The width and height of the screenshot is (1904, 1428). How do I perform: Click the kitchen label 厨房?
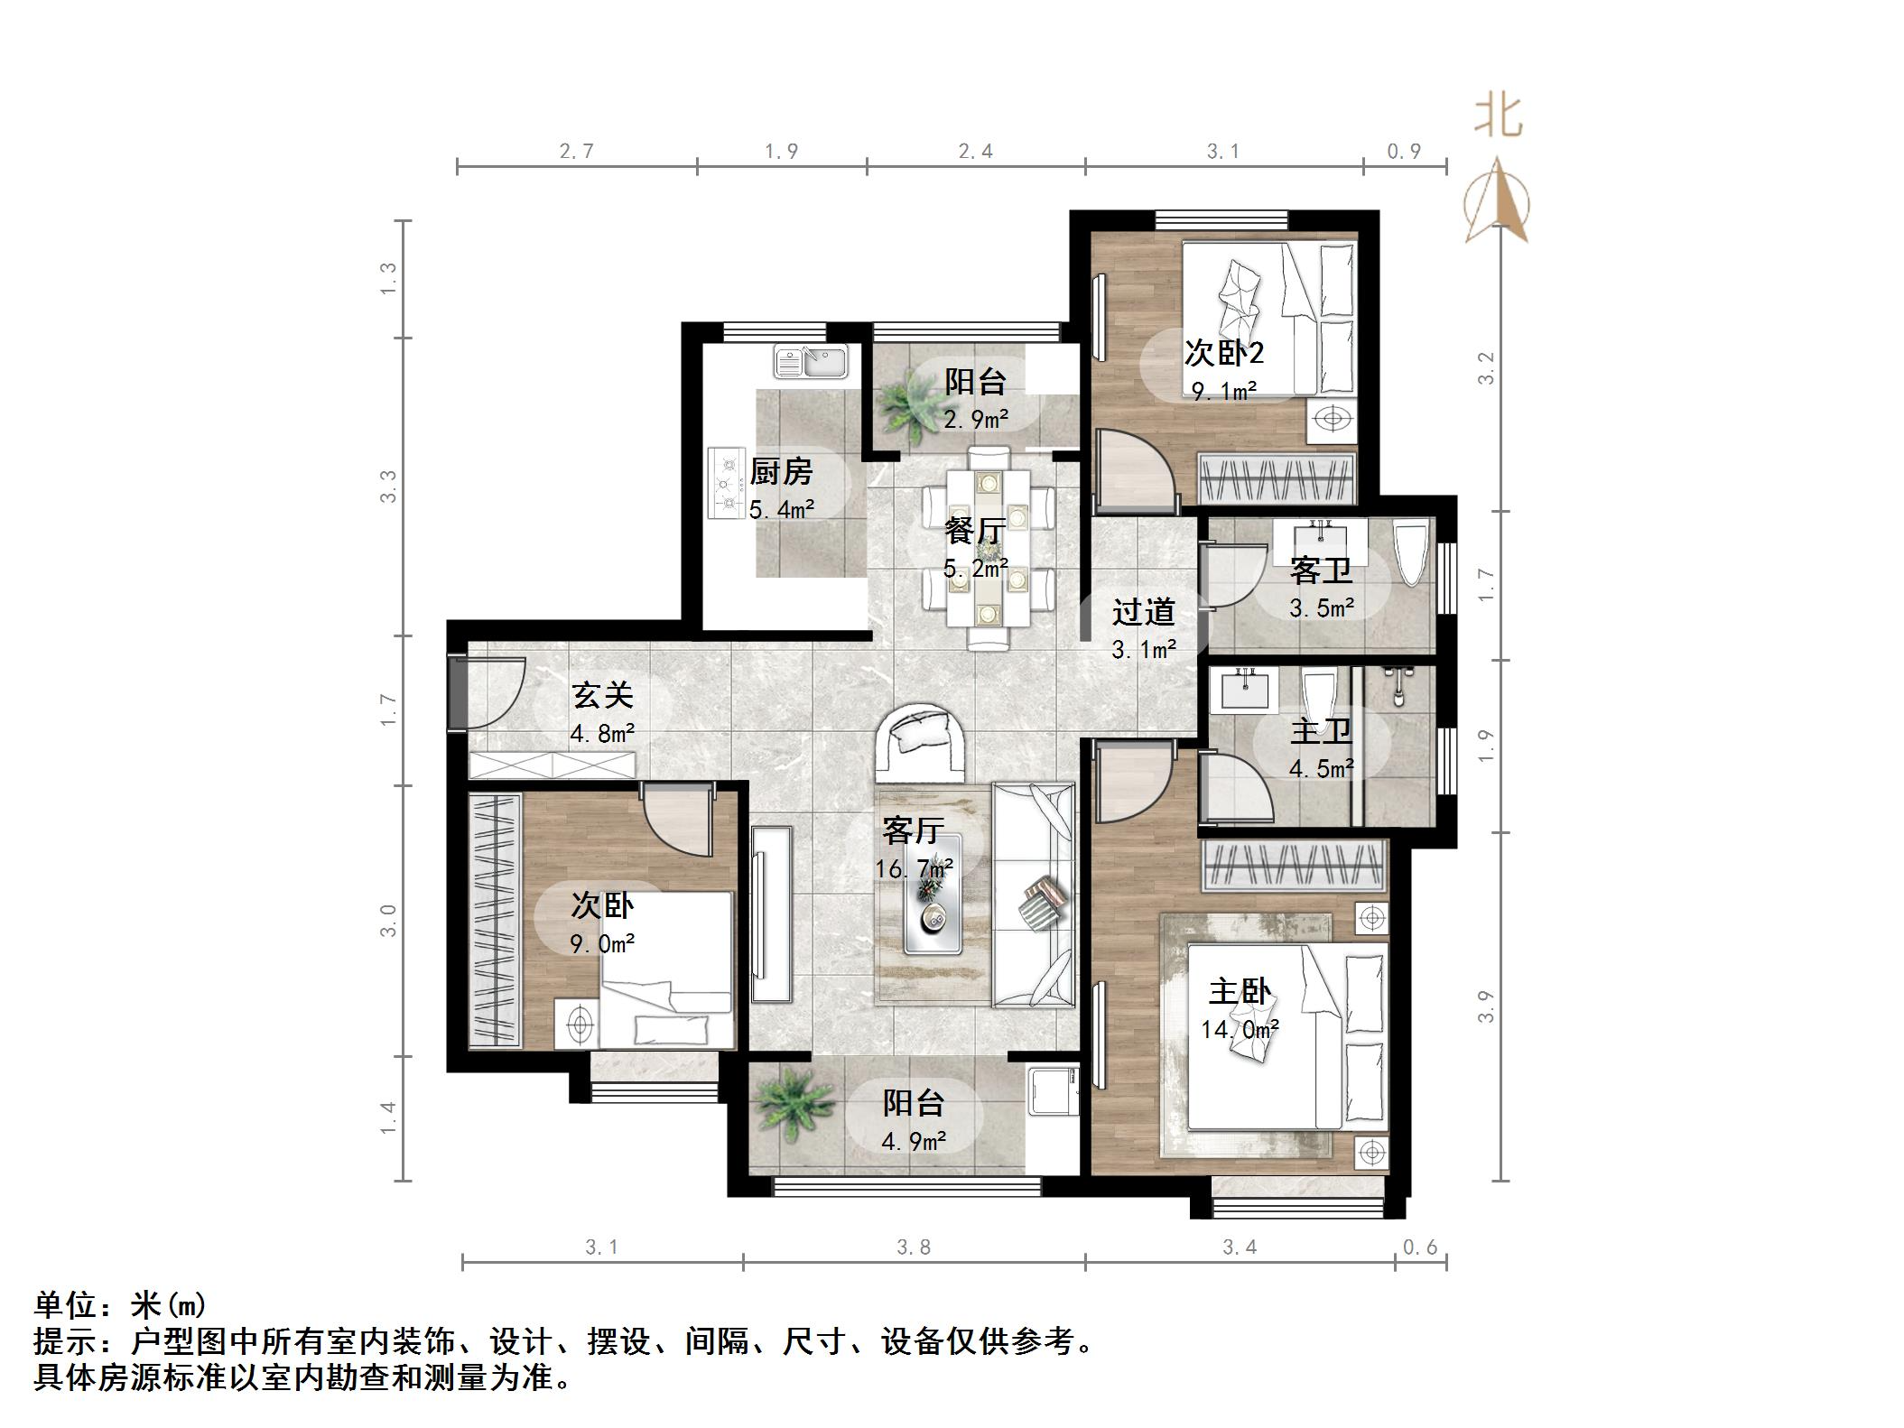coord(781,471)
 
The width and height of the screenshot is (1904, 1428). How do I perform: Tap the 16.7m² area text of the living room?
coord(914,868)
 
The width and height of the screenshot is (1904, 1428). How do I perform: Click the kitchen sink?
coord(810,363)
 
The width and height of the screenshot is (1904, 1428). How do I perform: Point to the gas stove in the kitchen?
coord(726,484)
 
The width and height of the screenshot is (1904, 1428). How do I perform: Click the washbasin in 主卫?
coord(1245,691)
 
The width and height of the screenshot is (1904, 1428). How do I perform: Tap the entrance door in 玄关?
coord(488,693)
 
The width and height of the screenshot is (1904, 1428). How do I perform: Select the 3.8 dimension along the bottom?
coord(914,1247)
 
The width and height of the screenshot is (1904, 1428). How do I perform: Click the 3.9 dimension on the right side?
coord(1486,1006)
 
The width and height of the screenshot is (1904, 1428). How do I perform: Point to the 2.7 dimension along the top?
coord(576,151)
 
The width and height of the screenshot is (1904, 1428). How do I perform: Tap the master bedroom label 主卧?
coord(1240,992)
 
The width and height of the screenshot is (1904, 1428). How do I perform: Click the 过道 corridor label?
coord(1143,612)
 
